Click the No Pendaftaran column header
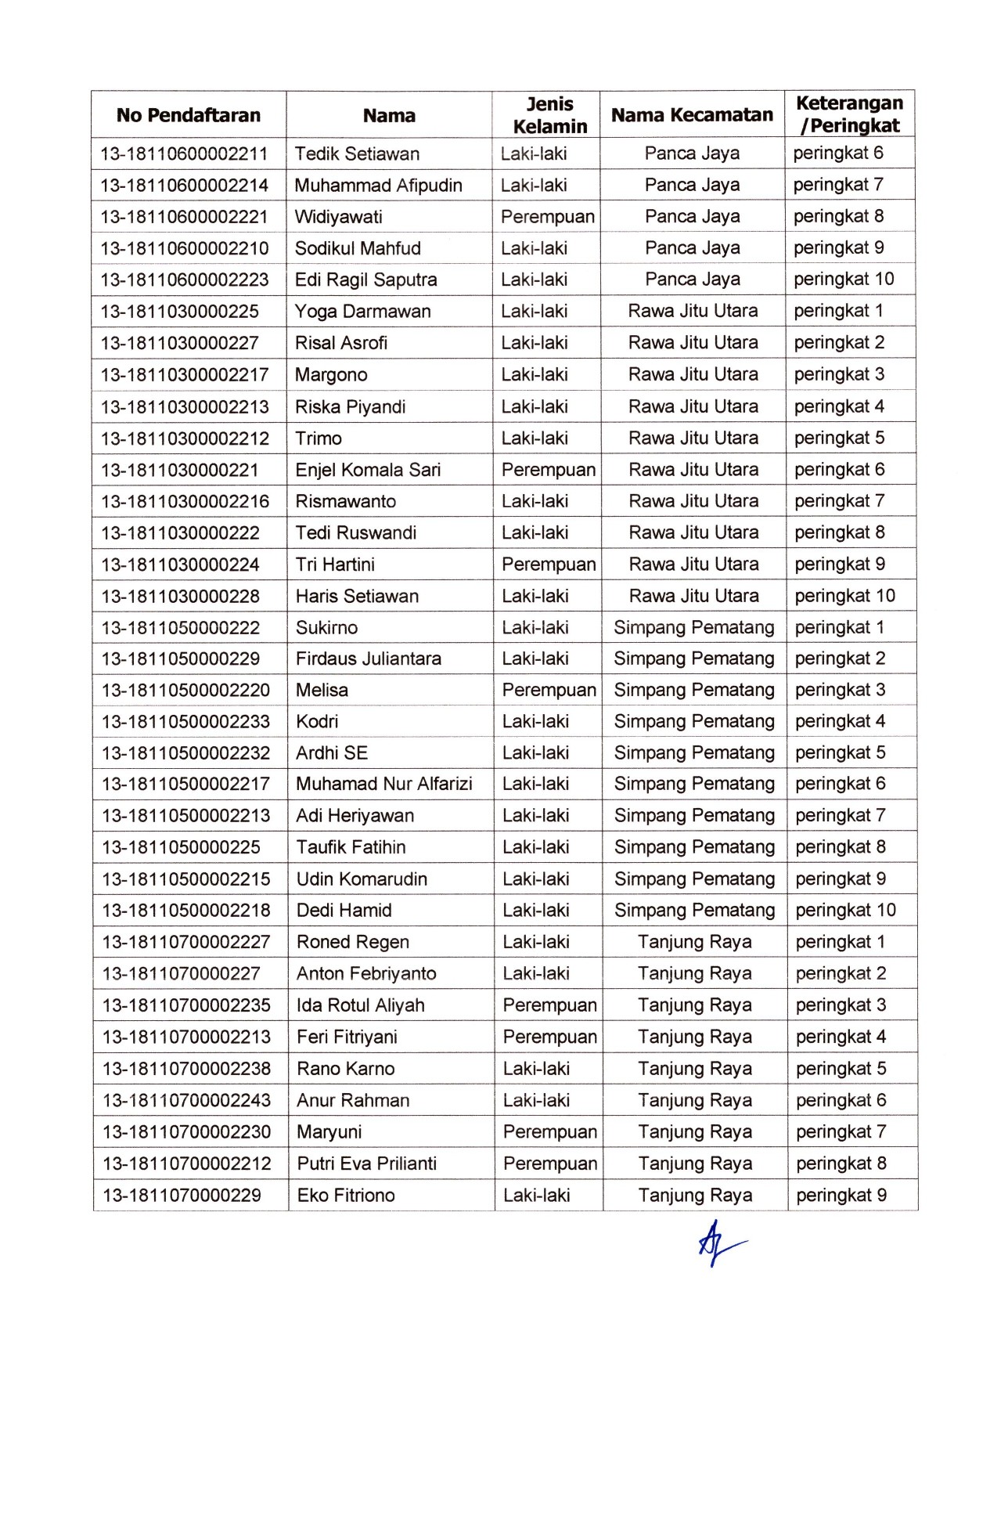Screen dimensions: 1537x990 coord(188,115)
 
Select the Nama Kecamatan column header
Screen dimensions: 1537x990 coord(692,115)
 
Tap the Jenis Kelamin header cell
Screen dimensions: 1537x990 coord(549,115)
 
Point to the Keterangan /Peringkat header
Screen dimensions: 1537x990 coord(849,114)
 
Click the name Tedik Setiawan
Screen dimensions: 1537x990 coord(357,153)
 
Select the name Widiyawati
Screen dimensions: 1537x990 coord(338,217)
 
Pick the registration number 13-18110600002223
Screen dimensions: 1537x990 coord(185,280)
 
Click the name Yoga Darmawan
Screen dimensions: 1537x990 coord(362,312)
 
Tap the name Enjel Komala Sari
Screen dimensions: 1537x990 coord(368,470)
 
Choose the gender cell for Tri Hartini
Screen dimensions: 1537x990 coord(549,565)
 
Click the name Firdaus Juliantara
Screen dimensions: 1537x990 coord(368,658)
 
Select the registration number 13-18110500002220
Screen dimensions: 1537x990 coord(185,690)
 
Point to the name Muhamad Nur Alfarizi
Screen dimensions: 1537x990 coord(383,784)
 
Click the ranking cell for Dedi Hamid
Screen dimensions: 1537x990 coord(845,910)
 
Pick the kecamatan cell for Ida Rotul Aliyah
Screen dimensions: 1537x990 coord(694,1005)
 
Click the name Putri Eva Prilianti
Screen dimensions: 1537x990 coord(366,1164)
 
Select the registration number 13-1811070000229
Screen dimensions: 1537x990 coord(182,1195)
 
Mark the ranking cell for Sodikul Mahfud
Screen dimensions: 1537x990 coord(838,248)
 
